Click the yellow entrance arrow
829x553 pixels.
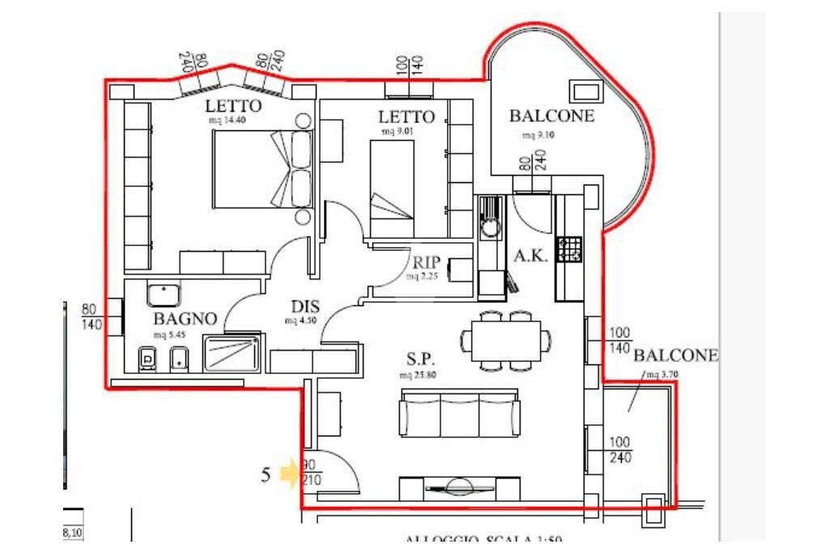pos(289,472)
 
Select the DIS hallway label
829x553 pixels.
pos(305,307)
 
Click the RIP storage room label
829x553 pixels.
pos(425,262)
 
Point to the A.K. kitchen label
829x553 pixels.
pos(531,256)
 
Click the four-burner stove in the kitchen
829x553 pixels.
pos(569,249)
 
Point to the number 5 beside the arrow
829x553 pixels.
pos(266,474)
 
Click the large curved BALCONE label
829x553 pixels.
pos(551,116)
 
